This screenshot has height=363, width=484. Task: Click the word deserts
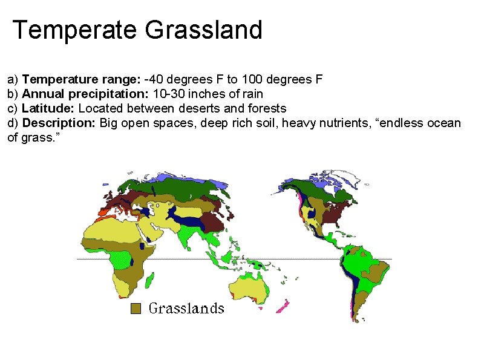[198, 108]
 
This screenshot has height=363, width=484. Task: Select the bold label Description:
[59, 123]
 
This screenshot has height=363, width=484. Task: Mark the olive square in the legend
[137, 309]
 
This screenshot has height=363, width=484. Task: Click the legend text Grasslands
[186, 309]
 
